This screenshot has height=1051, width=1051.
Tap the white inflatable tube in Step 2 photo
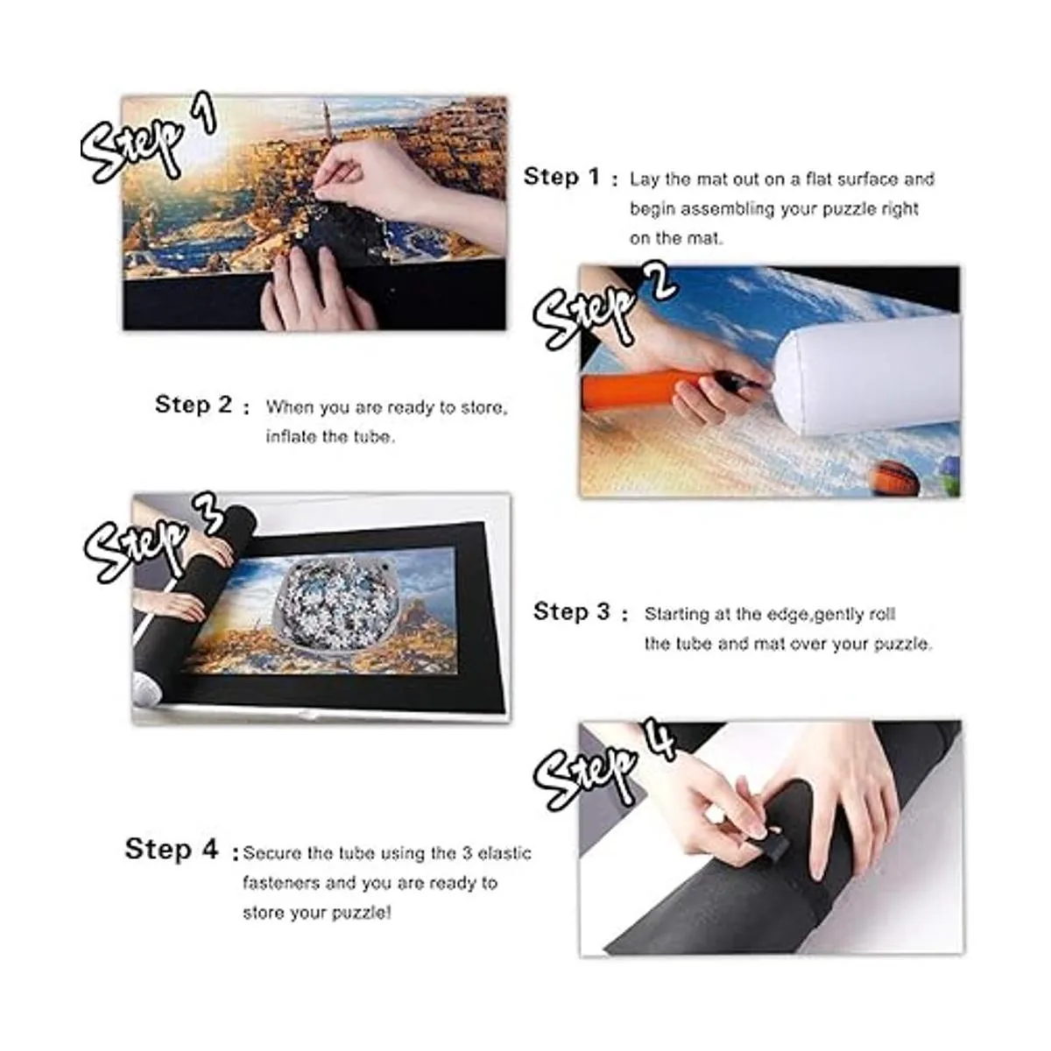867,376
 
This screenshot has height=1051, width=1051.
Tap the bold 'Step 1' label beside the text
561,176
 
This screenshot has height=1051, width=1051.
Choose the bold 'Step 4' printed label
172,849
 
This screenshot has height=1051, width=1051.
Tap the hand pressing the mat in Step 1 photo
318,289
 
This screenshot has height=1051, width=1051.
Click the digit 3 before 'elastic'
467,852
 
